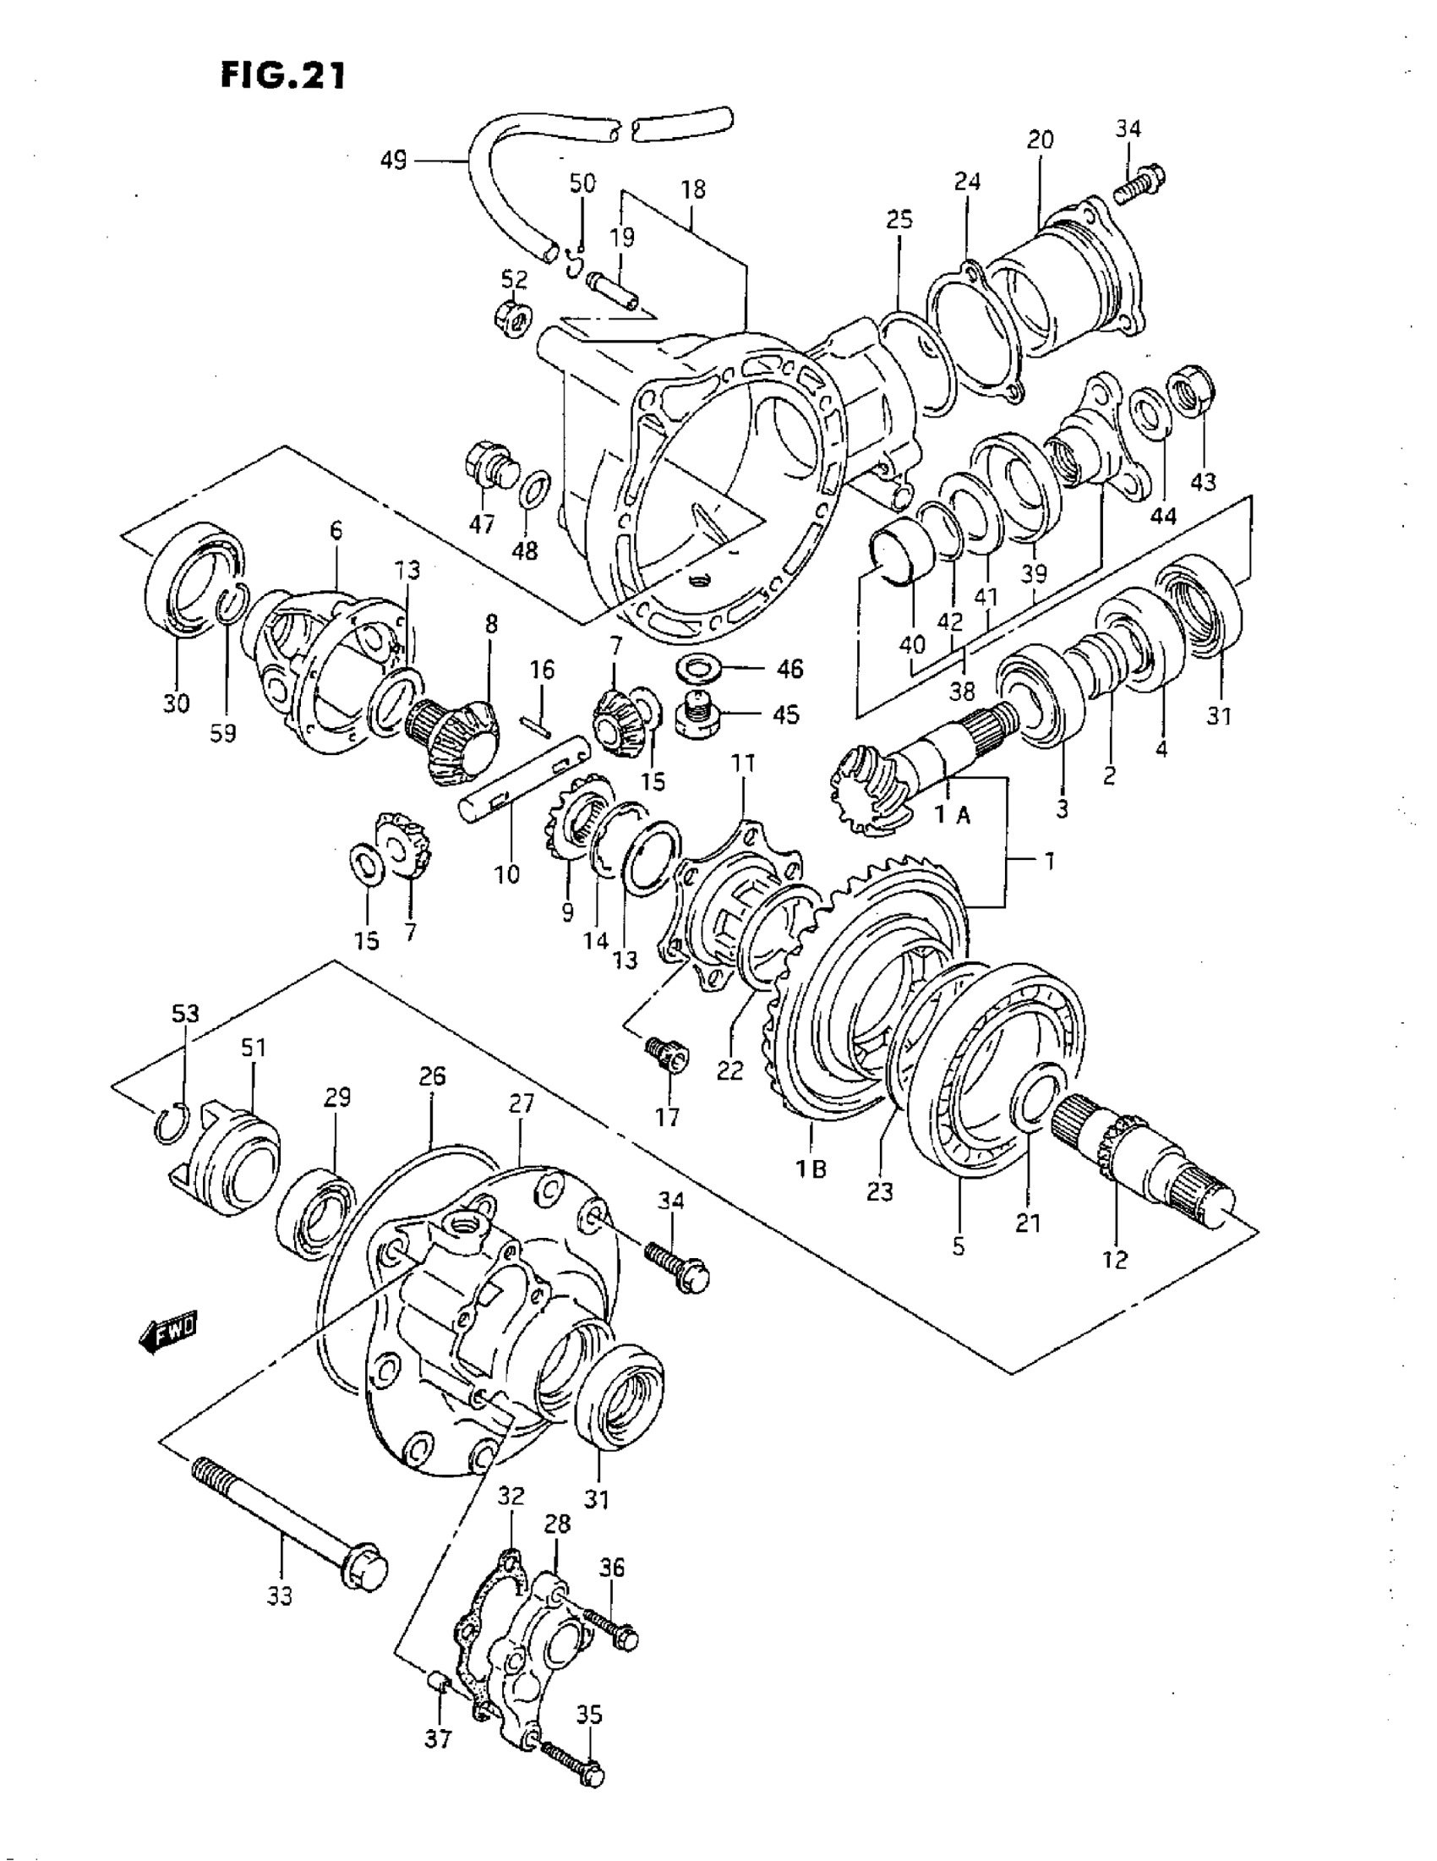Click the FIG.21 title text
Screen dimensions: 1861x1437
tap(283, 77)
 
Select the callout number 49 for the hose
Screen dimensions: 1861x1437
tap(394, 160)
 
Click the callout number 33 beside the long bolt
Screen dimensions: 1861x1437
tap(279, 1595)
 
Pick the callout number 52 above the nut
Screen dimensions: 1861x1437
tap(514, 280)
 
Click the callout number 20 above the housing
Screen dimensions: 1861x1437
tap(1040, 139)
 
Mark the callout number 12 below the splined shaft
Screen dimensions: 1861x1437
tap(1115, 1257)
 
